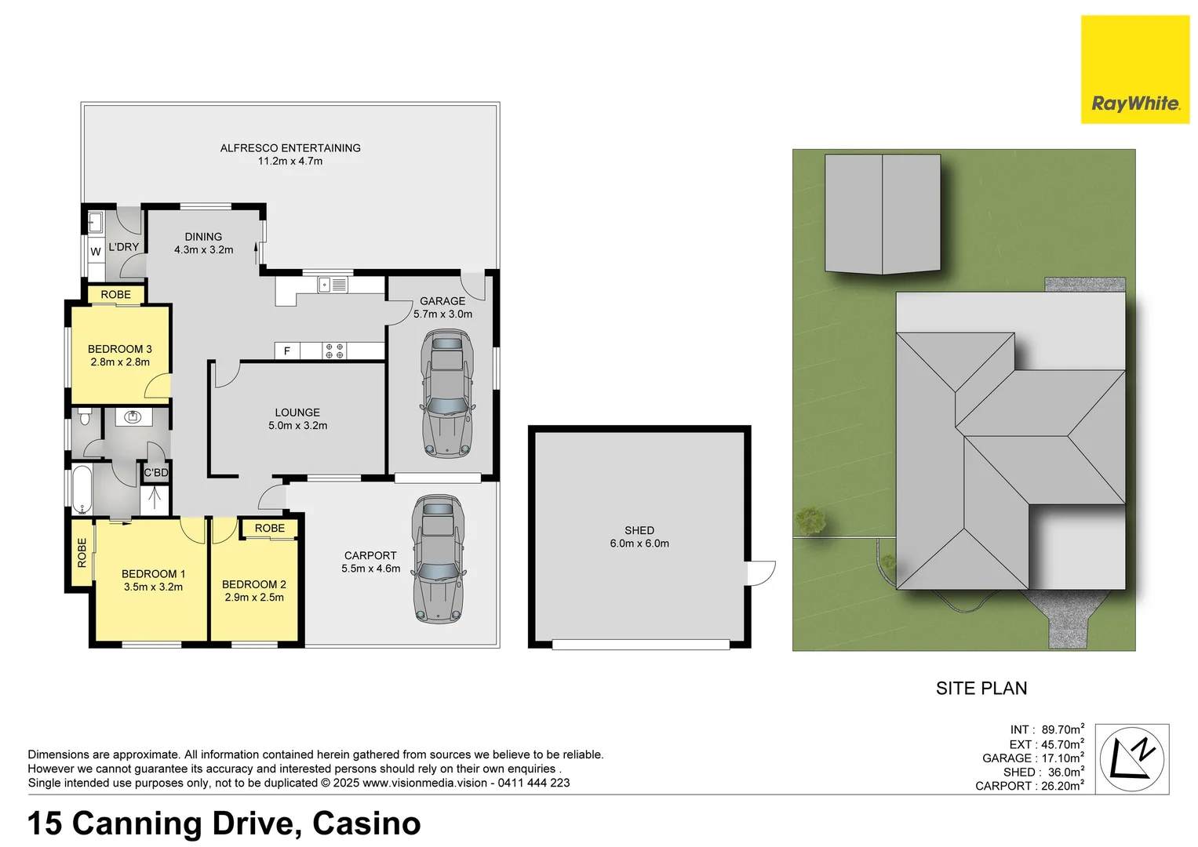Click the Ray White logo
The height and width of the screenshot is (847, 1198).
(1134, 70)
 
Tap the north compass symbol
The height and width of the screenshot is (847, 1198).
(1131, 759)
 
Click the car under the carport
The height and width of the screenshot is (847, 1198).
(439, 559)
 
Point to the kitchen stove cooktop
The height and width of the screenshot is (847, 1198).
(334, 351)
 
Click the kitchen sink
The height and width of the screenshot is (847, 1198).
(333, 285)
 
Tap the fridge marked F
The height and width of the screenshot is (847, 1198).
(287, 351)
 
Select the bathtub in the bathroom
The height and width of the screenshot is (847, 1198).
(82, 490)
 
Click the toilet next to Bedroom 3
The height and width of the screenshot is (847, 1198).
(84, 416)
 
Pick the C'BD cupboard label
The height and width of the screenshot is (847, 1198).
(156, 472)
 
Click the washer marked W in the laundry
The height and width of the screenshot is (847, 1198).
(95, 252)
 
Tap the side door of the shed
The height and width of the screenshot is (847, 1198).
(760, 573)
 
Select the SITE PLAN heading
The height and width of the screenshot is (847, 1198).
(981, 688)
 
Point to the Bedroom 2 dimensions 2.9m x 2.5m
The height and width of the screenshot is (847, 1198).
(254, 597)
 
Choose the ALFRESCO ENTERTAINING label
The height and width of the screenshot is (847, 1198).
(290, 147)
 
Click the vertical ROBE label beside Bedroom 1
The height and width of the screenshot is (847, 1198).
(82, 552)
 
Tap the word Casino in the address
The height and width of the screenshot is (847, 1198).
(366, 823)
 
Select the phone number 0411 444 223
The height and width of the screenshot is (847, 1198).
(533, 783)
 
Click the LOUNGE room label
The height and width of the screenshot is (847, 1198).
(297, 412)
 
